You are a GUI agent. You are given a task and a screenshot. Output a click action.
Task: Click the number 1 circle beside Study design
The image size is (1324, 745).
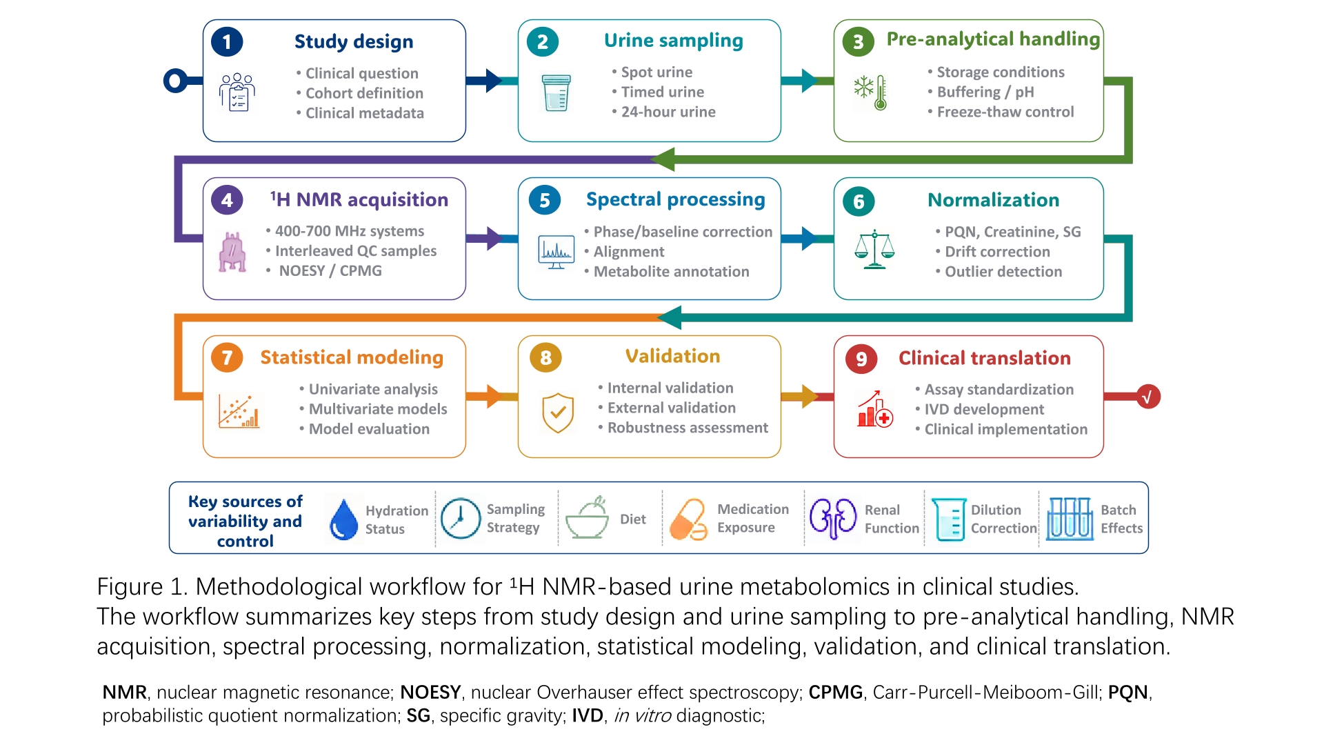tap(227, 42)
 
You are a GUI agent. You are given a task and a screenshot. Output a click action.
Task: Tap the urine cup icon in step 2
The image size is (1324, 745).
tap(556, 92)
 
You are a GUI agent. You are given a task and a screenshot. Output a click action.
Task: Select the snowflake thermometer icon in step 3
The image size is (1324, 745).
tap(870, 92)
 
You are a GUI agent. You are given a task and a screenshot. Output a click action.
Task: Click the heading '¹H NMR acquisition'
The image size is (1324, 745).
tap(359, 199)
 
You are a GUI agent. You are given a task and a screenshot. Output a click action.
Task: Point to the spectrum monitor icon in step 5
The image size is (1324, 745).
tap(556, 252)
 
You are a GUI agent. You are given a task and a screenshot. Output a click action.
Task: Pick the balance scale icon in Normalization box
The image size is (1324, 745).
tap(874, 249)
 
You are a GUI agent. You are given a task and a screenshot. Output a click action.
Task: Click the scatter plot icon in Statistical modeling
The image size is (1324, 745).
tap(239, 411)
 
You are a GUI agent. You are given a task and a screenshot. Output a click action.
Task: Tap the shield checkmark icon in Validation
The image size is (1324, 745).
tap(558, 413)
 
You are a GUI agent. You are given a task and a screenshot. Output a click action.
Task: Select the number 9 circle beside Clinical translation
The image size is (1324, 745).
tap(861, 359)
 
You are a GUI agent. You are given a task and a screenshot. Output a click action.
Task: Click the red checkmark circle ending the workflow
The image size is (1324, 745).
tap(1148, 397)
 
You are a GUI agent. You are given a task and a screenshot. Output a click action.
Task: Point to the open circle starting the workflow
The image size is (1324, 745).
tap(175, 81)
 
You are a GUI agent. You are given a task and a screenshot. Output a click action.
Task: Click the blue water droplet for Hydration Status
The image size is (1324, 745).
tap(343, 519)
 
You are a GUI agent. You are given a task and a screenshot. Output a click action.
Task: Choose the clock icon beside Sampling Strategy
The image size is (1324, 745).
tap(461, 518)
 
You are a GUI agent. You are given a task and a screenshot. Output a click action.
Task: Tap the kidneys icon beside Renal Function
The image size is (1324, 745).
tap(833, 518)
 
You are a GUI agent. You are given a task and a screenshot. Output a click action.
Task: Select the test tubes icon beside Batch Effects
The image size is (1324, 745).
tap(1070, 518)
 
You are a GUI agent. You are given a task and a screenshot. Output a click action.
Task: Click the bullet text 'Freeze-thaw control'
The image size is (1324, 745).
tap(1005, 112)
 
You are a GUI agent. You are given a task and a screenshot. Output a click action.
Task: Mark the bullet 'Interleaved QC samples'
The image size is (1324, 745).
tap(356, 251)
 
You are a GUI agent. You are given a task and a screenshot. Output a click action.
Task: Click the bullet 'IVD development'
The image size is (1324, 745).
tap(984, 409)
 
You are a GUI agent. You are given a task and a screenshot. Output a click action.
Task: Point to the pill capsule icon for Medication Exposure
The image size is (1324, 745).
tap(688, 519)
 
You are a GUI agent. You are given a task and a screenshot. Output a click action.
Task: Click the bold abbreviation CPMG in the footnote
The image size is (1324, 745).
tap(836, 692)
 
